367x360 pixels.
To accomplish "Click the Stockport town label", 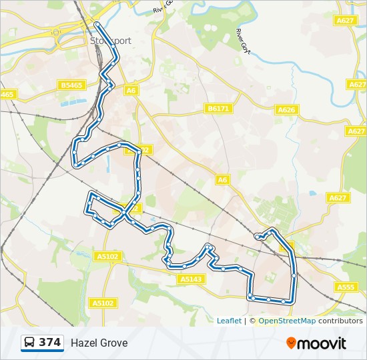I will pos(111,41).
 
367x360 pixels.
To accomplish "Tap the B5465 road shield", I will pos(71,85).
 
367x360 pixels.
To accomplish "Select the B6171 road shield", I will pos(219,108).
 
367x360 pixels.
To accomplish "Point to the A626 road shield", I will pos(286,110).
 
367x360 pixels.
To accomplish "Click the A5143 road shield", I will pos(191,279).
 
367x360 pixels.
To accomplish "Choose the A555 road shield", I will pos(346,287).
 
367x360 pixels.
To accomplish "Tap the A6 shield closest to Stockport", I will pos(131,91).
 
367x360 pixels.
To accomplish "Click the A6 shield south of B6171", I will pos(222,179).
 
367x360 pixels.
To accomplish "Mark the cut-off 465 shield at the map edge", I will pos(7,95).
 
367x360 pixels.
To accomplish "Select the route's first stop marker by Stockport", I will pos(97,25).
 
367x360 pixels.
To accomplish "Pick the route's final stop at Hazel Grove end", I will pos(258,236).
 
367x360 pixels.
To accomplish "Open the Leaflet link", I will pos(229,321).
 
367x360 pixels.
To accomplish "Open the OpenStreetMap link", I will pos(287,321).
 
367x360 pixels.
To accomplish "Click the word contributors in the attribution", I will pos(340,321).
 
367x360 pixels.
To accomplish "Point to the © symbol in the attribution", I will pos(252,321).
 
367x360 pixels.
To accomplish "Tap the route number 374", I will pos(50,343).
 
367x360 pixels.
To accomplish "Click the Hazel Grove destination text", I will pos(99,343).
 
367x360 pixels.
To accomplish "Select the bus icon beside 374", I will pos(30,343).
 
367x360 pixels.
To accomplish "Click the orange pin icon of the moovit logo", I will pos(291,343).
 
